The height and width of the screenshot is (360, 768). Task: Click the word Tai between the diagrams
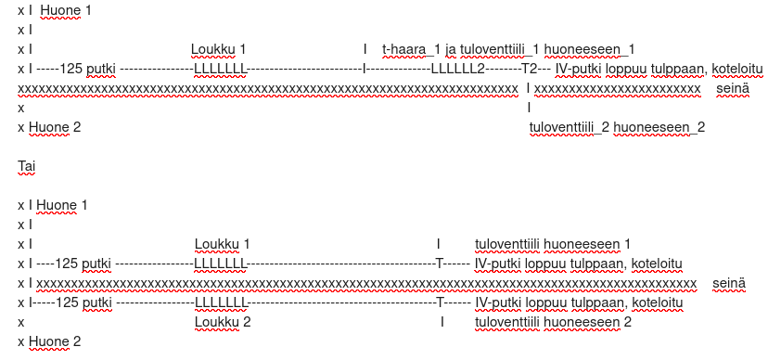(27, 165)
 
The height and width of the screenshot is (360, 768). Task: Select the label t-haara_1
(411, 49)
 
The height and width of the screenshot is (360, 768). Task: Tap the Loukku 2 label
(223, 322)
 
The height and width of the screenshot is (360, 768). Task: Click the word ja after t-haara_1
(451, 49)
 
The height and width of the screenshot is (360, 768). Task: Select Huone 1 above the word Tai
(66, 10)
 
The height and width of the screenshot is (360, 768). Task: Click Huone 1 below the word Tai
(62, 205)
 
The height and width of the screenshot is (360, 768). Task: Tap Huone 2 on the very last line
(55, 341)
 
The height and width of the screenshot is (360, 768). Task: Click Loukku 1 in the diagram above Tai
(219, 49)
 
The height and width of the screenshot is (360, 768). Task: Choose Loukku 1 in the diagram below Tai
(223, 244)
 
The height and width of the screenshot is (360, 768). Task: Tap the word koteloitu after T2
(737, 69)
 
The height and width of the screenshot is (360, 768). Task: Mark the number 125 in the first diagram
(70, 69)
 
